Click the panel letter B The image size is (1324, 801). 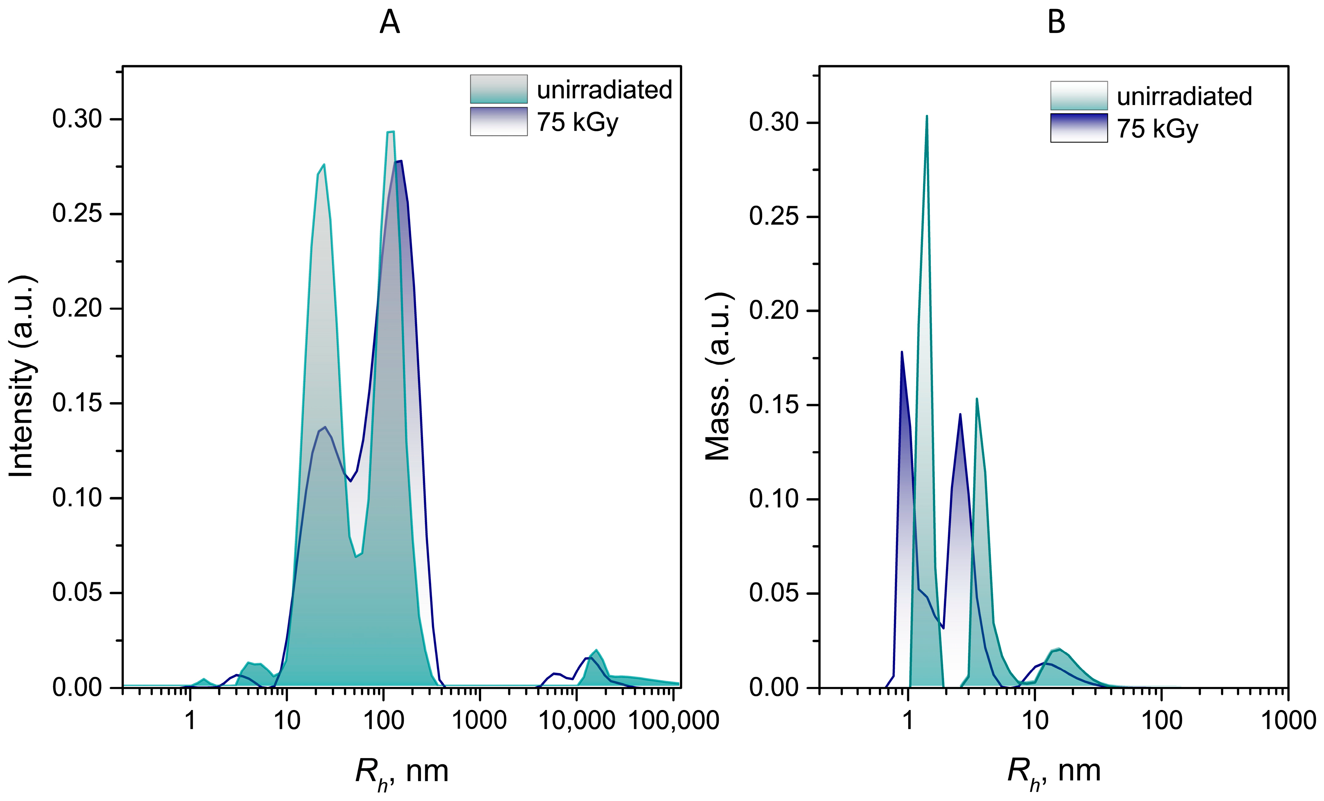click(x=1056, y=23)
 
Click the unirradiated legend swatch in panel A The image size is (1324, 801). click(x=499, y=89)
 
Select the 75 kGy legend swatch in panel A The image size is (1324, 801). click(x=499, y=121)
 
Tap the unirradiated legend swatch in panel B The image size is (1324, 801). click(x=1079, y=96)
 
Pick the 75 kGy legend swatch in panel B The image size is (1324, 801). click(x=1079, y=128)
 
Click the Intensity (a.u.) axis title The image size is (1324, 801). click(x=23, y=376)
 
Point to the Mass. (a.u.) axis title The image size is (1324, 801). click(x=719, y=376)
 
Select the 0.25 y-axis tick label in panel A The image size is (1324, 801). click(x=77, y=214)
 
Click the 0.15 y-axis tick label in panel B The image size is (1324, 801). click(x=774, y=405)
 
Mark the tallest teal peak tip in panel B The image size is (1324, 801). click(x=926, y=116)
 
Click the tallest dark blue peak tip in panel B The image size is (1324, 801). click(x=902, y=352)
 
